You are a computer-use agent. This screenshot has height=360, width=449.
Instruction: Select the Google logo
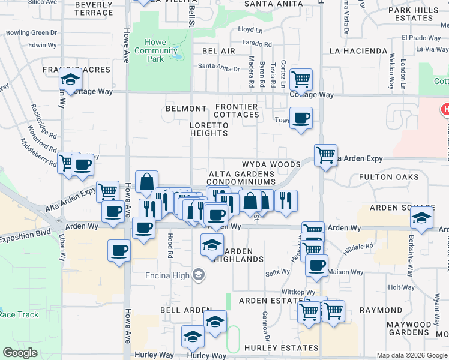pyautogui.click(x=20, y=353)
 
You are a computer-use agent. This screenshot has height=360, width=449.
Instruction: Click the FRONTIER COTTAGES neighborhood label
pyautogui.click(x=237, y=111)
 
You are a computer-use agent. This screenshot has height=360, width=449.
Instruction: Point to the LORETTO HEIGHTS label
pyautogui.click(x=209, y=129)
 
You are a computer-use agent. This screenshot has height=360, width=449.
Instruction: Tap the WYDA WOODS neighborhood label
pyautogui.click(x=271, y=164)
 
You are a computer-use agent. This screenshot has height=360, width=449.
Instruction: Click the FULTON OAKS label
pyautogui.click(x=388, y=177)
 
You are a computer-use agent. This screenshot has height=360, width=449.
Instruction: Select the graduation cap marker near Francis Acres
pyautogui.click(x=70, y=79)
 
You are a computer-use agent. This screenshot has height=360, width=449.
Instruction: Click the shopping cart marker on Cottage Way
pyautogui.click(x=301, y=78)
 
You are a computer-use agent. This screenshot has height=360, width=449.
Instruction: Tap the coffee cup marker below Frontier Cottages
pyautogui.click(x=301, y=118)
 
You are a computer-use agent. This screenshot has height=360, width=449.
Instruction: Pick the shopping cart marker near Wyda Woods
pyautogui.click(x=325, y=155)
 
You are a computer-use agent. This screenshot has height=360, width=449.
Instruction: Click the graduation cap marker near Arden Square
pyautogui.click(x=422, y=217)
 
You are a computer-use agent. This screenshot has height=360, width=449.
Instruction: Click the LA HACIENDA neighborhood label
pyautogui.click(x=358, y=52)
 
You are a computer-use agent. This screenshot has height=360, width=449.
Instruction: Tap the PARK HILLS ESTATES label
pyautogui.click(x=414, y=14)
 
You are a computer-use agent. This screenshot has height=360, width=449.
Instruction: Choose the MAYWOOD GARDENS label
pyautogui.click(x=408, y=328)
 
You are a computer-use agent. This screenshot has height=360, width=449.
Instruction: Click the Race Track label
pyautogui.click(x=19, y=314)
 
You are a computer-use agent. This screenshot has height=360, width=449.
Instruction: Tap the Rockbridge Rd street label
pyautogui.click(x=43, y=120)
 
